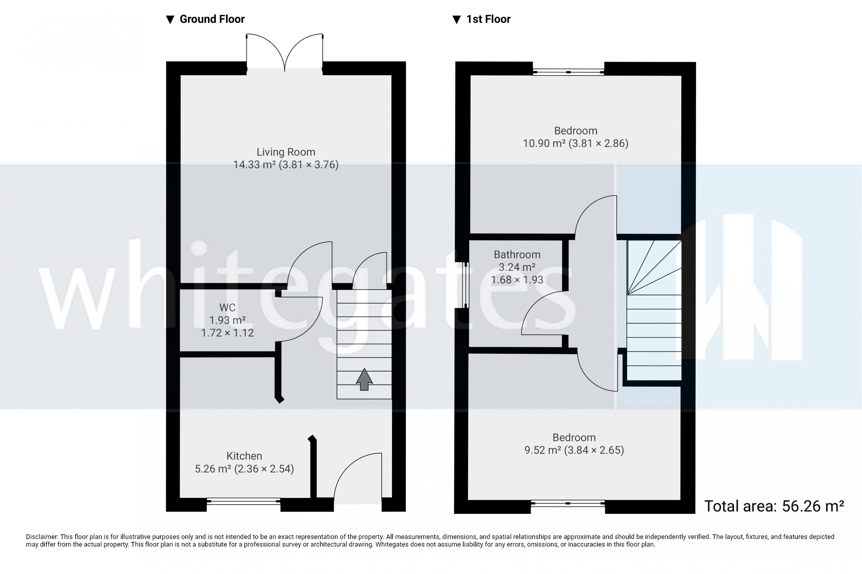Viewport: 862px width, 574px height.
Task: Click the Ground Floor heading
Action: pyautogui.click(x=212, y=19)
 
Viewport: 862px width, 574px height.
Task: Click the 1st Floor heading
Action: pyautogui.click(x=488, y=19)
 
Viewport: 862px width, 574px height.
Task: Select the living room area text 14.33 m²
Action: pyautogui.click(x=254, y=165)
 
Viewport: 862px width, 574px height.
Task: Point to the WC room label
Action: pyautogui.click(x=227, y=307)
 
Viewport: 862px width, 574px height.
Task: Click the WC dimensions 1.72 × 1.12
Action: pyautogui.click(x=227, y=333)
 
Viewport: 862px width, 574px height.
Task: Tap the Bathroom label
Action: pyautogui.click(x=517, y=254)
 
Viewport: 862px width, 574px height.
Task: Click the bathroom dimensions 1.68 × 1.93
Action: pyautogui.click(x=517, y=280)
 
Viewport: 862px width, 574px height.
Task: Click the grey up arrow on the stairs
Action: pyautogui.click(x=364, y=379)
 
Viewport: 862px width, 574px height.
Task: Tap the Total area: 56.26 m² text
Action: pyautogui.click(x=774, y=506)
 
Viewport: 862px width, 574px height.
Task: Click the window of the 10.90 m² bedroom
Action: pyautogui.click(x=568, y=72)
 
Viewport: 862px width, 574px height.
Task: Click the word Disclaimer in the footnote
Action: pyautogui.click(x=41, y=537)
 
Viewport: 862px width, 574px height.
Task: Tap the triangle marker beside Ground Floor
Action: pyautogui.click(x=170, y=20)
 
